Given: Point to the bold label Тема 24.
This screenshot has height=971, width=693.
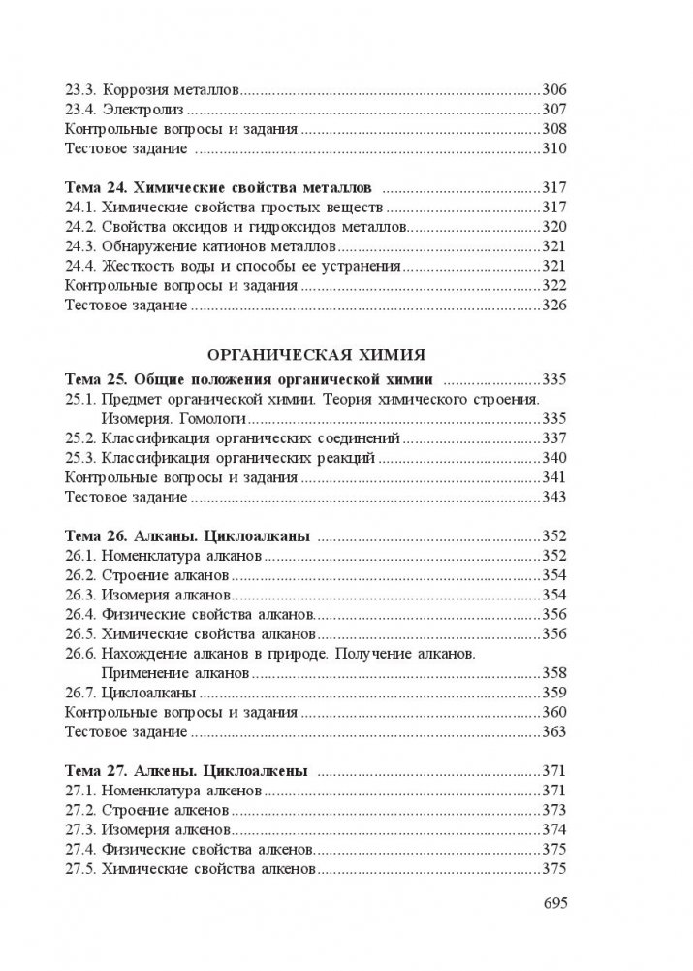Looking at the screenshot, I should (94, 186).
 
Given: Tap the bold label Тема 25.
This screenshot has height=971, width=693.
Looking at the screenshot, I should (94, 377).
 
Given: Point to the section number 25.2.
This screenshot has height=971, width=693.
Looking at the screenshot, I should (79, 437).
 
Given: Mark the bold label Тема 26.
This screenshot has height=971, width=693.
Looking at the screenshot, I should (94, 535).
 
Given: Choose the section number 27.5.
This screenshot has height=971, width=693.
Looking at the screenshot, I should (79, 870).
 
